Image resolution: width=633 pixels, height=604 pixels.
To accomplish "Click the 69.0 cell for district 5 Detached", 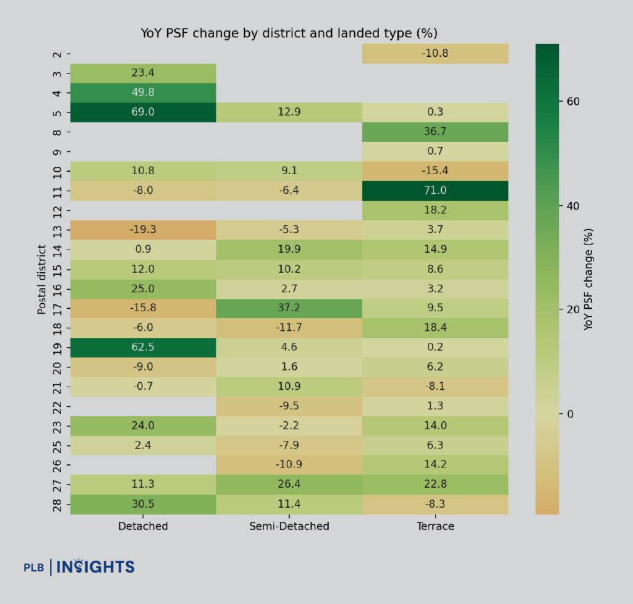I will (143, 112).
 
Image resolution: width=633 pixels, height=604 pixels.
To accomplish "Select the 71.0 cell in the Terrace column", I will (435, 191).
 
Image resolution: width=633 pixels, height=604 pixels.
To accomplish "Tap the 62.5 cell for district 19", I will (143, 347).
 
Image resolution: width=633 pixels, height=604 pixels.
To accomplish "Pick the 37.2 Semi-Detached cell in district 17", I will (289, 308).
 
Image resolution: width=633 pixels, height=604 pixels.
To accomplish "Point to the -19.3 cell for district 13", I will (143, 230).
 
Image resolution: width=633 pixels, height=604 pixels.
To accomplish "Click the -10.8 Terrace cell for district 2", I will (435, 54).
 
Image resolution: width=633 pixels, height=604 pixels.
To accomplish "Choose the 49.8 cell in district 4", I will (143, 93).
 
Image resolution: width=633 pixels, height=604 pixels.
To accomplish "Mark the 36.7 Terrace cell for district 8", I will (435, 132).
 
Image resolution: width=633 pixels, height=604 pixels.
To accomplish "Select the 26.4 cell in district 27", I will (289, 484).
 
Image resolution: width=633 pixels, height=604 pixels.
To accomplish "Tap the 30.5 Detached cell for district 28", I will (143, 504).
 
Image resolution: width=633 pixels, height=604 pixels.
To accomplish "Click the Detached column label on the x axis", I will (143, 526).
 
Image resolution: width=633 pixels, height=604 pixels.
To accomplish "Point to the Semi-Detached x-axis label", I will (289, 526).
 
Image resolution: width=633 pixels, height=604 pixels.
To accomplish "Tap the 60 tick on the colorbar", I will (570, 102).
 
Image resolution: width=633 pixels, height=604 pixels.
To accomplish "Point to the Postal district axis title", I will (42, 279).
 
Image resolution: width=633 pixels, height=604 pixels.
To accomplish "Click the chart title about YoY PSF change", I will (289, 33).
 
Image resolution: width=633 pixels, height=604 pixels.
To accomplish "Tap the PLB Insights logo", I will (79, 566).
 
